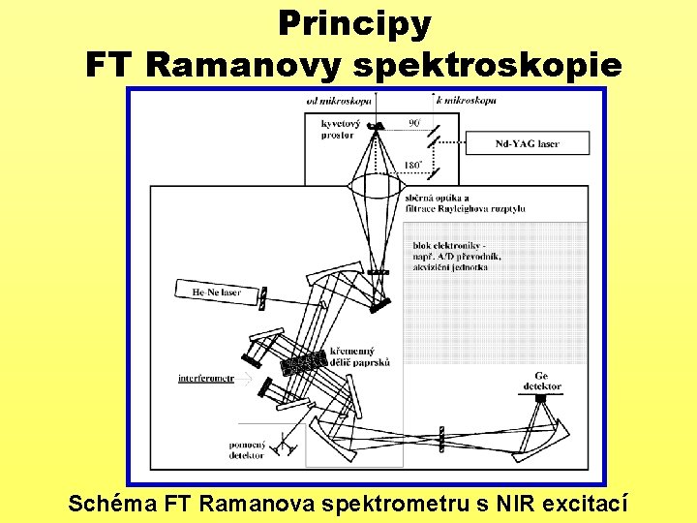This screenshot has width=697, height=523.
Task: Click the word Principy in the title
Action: point(353,23)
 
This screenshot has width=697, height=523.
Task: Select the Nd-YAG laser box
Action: point(527,144)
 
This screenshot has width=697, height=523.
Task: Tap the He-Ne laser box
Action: point(218,291)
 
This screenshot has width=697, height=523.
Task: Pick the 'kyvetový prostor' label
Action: point(342,129)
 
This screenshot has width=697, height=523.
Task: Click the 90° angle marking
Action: point(413,123)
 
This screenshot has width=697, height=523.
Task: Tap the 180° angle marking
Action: point(411,166)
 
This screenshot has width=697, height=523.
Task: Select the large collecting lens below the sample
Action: point(376,186)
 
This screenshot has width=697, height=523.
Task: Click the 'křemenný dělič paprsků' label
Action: point(359,356)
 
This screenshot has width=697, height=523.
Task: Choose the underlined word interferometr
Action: point(205,379)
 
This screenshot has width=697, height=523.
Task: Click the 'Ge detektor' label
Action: point(541,381)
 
